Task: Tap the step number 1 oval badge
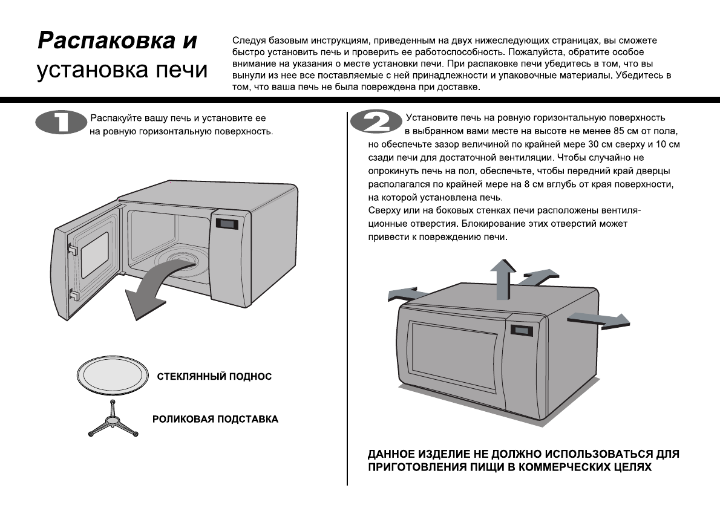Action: pyautogui.click(x=61, y=122)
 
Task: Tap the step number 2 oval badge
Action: pyautogui.click(x=376, y=122)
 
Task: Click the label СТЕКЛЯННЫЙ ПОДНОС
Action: pyautogui.click(x=214, y=377)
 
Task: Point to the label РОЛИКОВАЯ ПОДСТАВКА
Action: pyautogui.click(x=215, y=419)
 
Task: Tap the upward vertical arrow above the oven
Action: pyautogui.click(x=502, y=278)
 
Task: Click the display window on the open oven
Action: pyautogui.click(x=226, y=224)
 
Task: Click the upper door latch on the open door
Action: pyautogui.click(x=72, y=249)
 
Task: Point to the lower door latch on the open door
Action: pyautogui.click(x=73, y=294)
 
